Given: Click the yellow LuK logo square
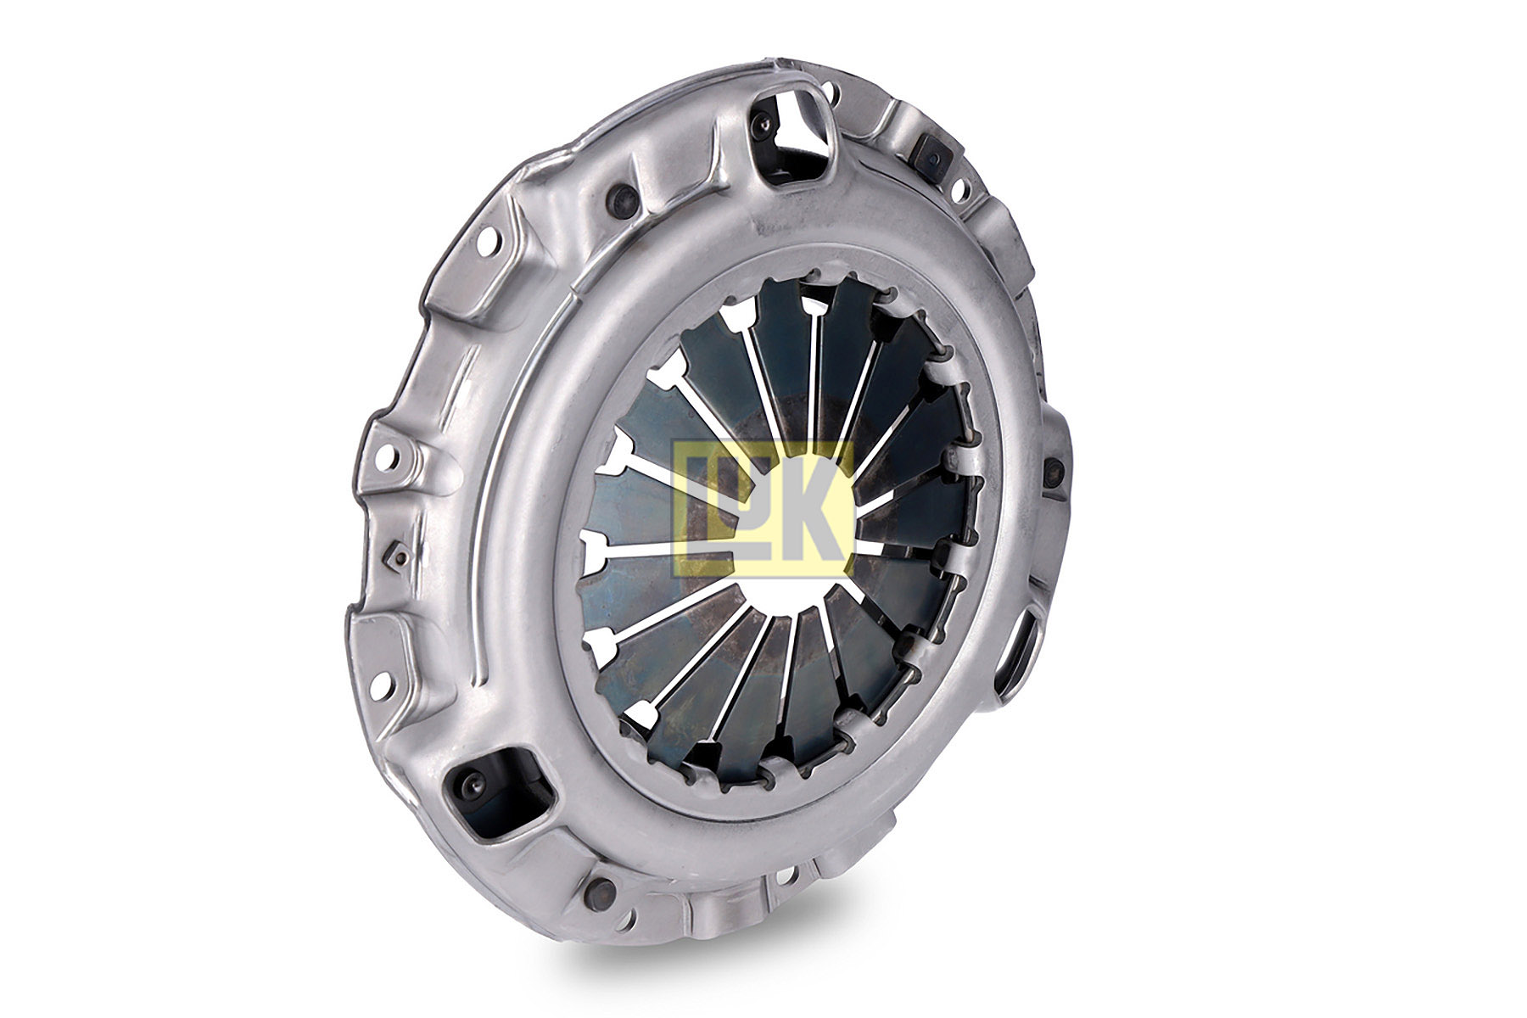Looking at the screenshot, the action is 762,509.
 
